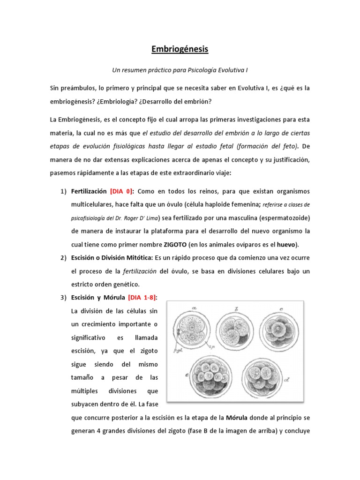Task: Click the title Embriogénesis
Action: pyautogui.click(x=180, y=49)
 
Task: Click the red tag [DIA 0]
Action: pyautogui.click(x=122, y=192)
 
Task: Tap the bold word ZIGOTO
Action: pyautogui.click(x=175, y=245)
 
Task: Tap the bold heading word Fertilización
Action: pyautogui.click(x=89, y=192)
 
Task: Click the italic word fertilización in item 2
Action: pyautogui.click(x=140, y=271)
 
